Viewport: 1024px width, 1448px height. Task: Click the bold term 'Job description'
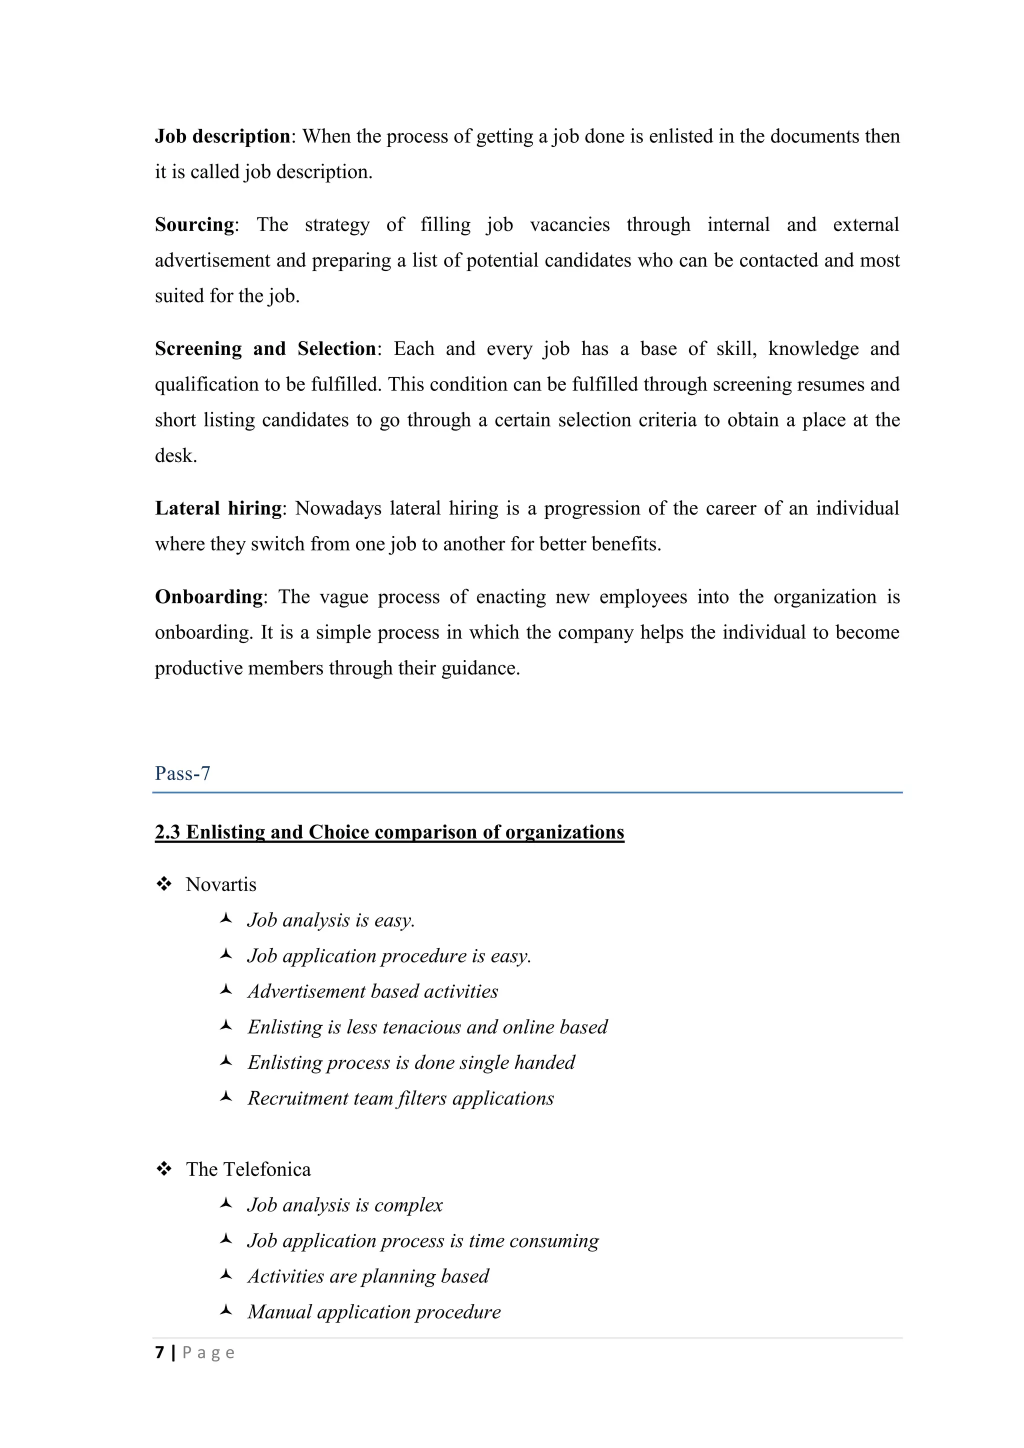222,136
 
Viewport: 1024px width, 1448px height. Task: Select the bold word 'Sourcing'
194,224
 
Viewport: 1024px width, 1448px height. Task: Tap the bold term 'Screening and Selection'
265,349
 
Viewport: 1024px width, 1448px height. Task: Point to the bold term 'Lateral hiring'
218,508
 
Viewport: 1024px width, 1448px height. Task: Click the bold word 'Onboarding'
208,596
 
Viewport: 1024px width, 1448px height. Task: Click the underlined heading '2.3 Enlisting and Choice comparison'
389,832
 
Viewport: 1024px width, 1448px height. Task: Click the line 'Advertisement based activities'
372,991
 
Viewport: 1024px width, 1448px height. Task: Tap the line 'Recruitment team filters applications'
400,1098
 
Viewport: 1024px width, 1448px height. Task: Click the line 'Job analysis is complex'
345,1204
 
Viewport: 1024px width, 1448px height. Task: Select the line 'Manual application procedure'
374,1312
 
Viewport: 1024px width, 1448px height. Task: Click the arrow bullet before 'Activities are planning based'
225,1275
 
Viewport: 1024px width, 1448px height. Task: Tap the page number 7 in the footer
159,1352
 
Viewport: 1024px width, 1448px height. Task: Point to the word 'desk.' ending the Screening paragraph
176,455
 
